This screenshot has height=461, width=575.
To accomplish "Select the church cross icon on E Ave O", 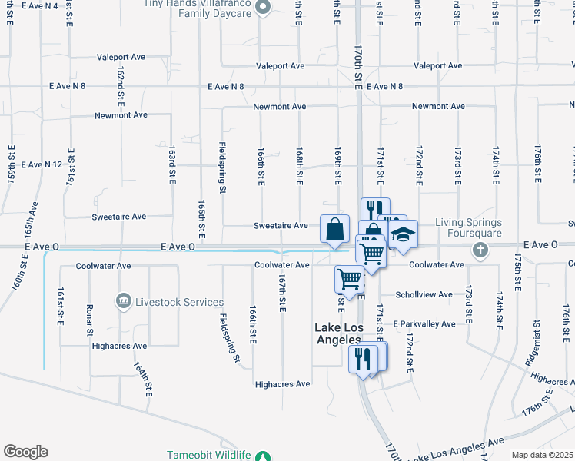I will coord(480,250).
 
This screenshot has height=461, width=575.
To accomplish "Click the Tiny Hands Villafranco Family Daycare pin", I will coord(263,9).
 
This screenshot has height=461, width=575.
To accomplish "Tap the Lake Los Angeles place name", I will coord(338,333).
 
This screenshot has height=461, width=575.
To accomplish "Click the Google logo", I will coord(25,452).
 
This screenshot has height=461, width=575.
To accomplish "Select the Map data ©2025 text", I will coord(542,455).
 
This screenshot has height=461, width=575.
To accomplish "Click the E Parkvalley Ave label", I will coord(424,324).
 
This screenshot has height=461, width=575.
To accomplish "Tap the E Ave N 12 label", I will coord(42,164).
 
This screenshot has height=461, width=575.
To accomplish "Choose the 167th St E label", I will coord(282,293).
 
